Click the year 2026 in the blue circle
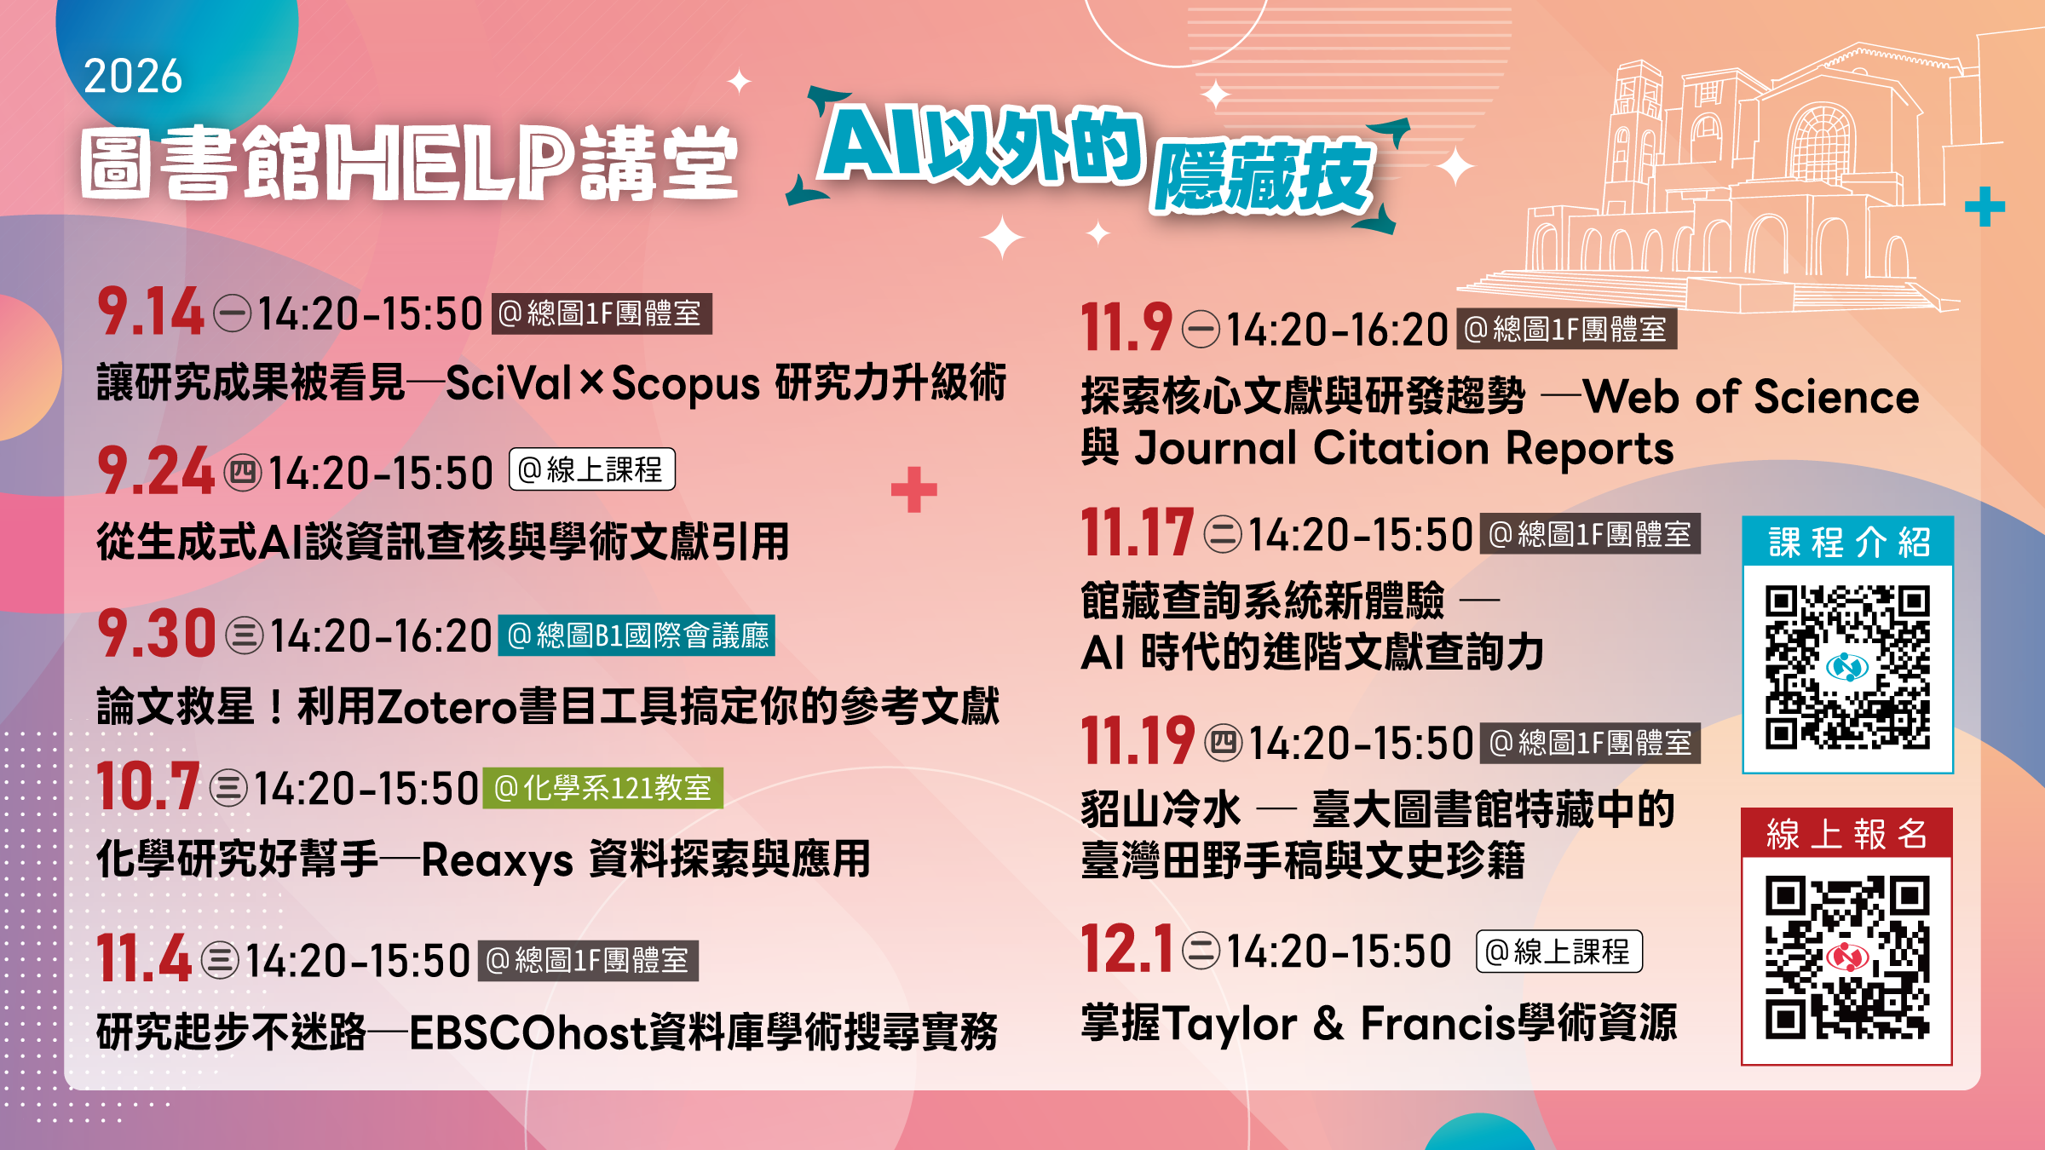tap(133, 77)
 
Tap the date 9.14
tap(151, 312)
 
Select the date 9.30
tap(157, 634)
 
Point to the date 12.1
tap(1126, 949)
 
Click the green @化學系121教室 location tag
tap(603, 788)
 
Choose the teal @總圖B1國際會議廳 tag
tap(637, 635)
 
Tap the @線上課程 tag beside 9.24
tap(592, 469)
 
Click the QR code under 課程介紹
tap(1847, 667)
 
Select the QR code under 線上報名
tap(1846, 958)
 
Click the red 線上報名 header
tap(1846, 833)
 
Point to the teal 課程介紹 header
tap(1848, 542)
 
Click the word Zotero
tap(448, 707)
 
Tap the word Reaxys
tap(497, 860)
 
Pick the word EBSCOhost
tap(528, 1032)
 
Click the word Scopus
tap(686, 385)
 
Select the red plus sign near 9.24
tap(914, 490)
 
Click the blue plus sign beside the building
tap(1985, 206)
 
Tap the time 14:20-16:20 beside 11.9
tap(1338, 331)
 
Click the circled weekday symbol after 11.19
tap(1224, 743)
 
